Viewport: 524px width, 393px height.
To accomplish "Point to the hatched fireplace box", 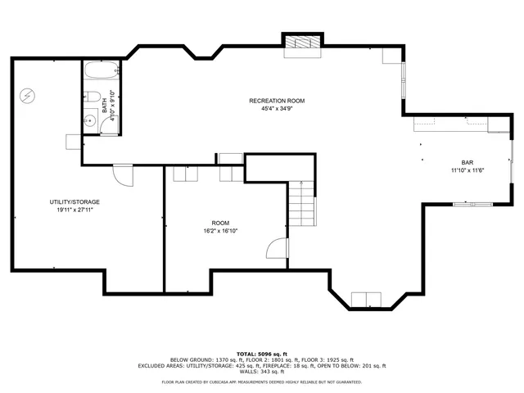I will [302, 45].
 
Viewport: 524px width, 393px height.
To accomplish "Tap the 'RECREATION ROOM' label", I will [277, 101].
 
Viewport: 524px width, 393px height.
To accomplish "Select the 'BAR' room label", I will [468, 163].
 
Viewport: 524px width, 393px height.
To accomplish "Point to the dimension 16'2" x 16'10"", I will [220, 231].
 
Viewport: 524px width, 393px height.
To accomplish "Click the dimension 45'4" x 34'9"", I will [277, 108].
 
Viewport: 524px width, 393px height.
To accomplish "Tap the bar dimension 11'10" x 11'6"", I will [468, 170].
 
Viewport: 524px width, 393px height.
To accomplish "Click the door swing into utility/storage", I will [122, 174].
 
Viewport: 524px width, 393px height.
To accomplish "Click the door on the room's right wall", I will [278, 250].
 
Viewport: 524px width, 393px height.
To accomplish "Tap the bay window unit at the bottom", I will [365, 299].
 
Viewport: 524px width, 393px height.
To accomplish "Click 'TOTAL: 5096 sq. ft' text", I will [261, 354].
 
